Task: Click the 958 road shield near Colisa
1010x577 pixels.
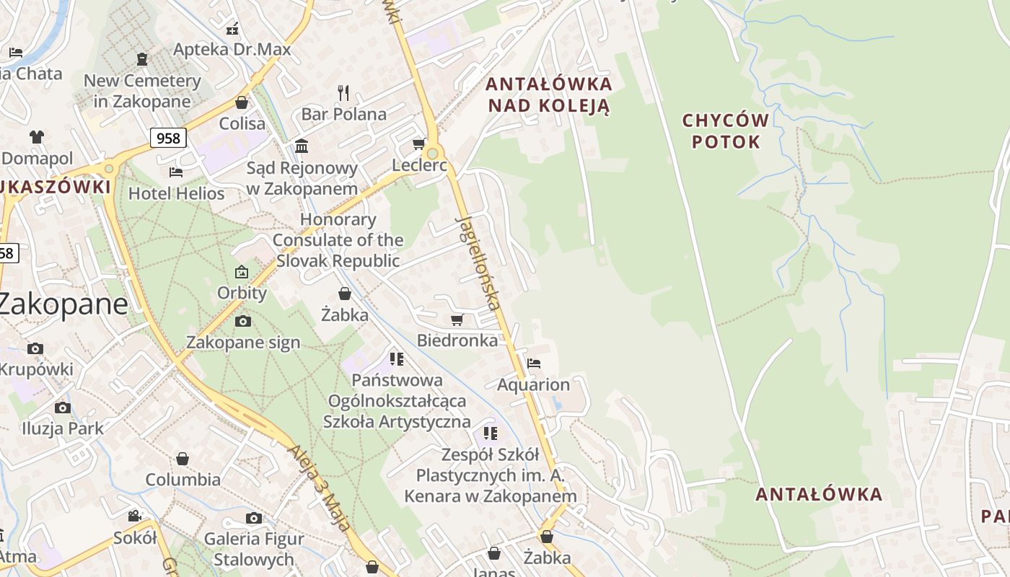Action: pyautogui.click(x=168, y=138)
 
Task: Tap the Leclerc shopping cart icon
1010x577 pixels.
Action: pyautogui.click(x=418, y=144)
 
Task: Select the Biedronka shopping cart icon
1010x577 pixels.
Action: pyautogui.click(x=456, y=320)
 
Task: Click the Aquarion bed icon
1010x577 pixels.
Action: pyautogui.click(x=534, y=363)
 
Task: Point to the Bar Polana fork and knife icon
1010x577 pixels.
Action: pyautogui.click(x=343, y=92)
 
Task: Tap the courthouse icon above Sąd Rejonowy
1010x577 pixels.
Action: pyautogui.click(x=302, y=146)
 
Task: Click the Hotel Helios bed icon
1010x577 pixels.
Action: pyautogui.click(x=175, y=172)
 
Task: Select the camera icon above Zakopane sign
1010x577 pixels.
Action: pyautogui.click(x=243, y=321)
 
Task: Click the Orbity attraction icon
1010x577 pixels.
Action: pyautogui.click(x=242, y=272)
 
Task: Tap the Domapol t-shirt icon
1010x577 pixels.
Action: pyautogui.click(x=36, y=137)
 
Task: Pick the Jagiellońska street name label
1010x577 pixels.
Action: pyautogui.click(x=479, y=263)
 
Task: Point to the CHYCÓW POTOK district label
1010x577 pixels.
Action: pyautogui.click(x=726, y=131)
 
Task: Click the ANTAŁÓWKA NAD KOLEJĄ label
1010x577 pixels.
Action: pyautogui.click(x=549, y=94)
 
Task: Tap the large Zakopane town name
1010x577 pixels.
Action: pyautogui.click(x=63, y=304)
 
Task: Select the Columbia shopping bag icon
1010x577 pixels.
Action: pyautogui.click(x=183, y=459)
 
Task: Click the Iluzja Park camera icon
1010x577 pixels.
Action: pyautogui.click(x=63, y=408)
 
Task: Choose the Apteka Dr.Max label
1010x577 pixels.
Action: pyautogui.click(x=232, y=49)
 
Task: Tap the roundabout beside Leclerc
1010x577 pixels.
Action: pyautogui.click(x=433, y=153)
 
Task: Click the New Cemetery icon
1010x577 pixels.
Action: pyautogui.click(x=142, y=59)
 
